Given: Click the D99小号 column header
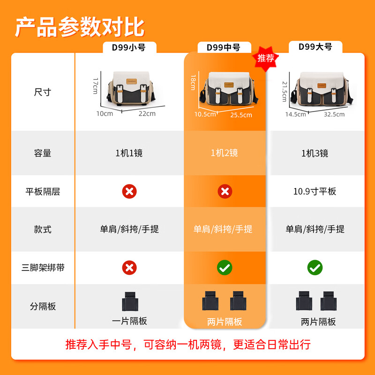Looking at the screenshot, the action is click(129, 47).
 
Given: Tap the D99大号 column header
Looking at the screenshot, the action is click(315, 47).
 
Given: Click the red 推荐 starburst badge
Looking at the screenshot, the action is click(265, 59).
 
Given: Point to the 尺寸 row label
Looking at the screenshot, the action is click(43, 92).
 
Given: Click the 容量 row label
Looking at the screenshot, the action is click(43, 153).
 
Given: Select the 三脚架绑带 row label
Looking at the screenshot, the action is click(43, 267).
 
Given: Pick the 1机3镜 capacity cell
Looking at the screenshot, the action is click(315, 153).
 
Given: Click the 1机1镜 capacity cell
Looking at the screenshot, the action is click(129, 153).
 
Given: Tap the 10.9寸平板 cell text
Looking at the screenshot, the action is click(315, 191).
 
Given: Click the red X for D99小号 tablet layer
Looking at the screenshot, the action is click(129, 191).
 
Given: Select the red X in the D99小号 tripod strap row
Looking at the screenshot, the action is click(129, 268).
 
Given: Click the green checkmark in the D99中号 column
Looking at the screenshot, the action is click(225, 268).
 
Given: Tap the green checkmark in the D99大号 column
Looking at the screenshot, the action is click(315, 268).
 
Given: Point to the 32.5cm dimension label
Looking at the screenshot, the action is click(334, 114).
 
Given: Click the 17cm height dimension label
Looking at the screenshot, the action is click(95, 86).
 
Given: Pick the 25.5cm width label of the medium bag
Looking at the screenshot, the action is click(241, 115).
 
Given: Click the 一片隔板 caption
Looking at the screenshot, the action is click(129, 321).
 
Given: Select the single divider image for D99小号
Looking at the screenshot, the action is click(130, 301).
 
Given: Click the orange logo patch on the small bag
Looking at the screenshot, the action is click(132, 82).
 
